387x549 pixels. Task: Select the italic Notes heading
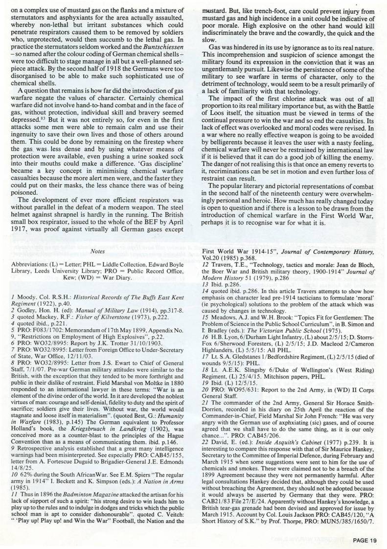click(x=98, y=251)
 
